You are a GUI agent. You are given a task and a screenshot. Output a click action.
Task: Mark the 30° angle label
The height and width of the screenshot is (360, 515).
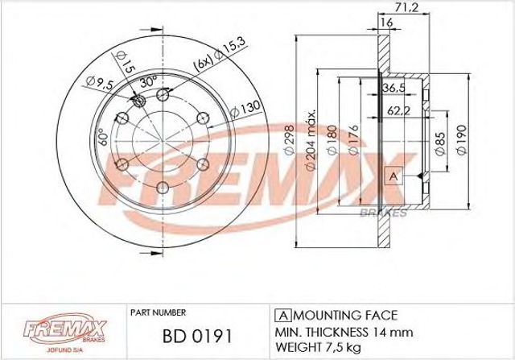tap(149, 82)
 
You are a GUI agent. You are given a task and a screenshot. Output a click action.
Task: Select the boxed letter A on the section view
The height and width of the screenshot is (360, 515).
tap(393, 175)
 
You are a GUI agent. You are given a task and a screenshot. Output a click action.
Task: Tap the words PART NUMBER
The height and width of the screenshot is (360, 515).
tap(157, 312)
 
